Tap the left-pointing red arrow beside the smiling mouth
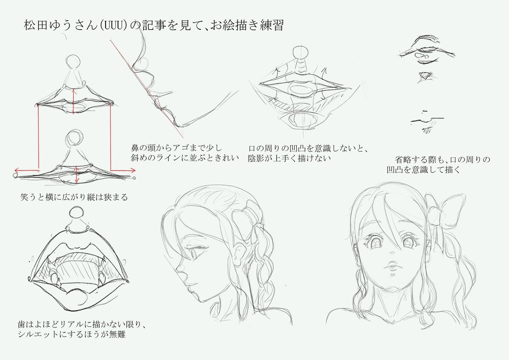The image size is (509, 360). click(27, 170)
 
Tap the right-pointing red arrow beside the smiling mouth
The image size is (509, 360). click(123, 170)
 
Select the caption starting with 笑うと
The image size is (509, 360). click(74, 197)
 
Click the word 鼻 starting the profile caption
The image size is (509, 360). click(135, 148)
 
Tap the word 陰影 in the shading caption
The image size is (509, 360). click(256, 158)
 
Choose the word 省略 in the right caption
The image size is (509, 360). click(403, 160)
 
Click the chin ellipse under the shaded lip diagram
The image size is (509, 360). click(304, 119)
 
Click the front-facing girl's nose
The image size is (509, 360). click(392, 252)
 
